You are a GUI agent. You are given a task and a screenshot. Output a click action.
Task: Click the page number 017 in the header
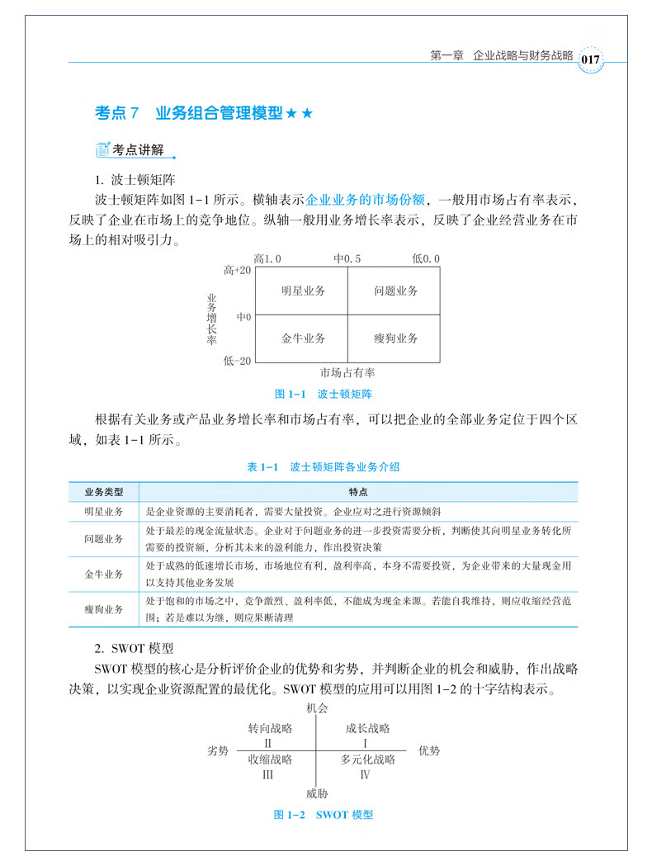click(x=590, y=59)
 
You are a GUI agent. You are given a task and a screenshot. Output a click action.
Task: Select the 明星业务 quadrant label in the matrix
click(x=302, y=291)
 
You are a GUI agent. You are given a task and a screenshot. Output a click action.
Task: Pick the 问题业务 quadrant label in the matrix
click(x=395, y=291)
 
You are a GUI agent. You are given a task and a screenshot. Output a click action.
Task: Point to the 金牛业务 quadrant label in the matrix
click(x=302, y=338)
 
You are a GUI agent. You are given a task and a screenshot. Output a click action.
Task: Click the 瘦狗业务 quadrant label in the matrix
click(x=395, y=338)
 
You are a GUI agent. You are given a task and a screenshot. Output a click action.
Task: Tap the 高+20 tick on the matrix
click(x=237, y=270)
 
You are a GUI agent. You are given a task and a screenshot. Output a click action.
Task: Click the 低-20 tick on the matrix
click(x=237, y=360)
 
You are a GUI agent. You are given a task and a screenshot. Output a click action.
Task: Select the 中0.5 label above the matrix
click(x=347, y=258)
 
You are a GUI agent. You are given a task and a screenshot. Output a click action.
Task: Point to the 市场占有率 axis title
click(x=347, y=372)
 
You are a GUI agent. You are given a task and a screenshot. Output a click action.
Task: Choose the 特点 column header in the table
click(x=358, y=492)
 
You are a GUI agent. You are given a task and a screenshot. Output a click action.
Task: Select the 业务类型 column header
click(x=104, y=492)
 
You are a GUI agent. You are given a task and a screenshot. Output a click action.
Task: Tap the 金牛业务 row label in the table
click(x=104, y=574)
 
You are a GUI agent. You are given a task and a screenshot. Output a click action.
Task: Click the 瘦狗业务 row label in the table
click(x=104, y=609)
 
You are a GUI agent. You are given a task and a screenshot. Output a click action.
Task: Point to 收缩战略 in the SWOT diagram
click(x=270, y=759)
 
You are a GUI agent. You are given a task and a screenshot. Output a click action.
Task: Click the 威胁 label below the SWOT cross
click(x=317, y=794)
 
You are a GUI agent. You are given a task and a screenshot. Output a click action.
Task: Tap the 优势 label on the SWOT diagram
click(x=429, y=750)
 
